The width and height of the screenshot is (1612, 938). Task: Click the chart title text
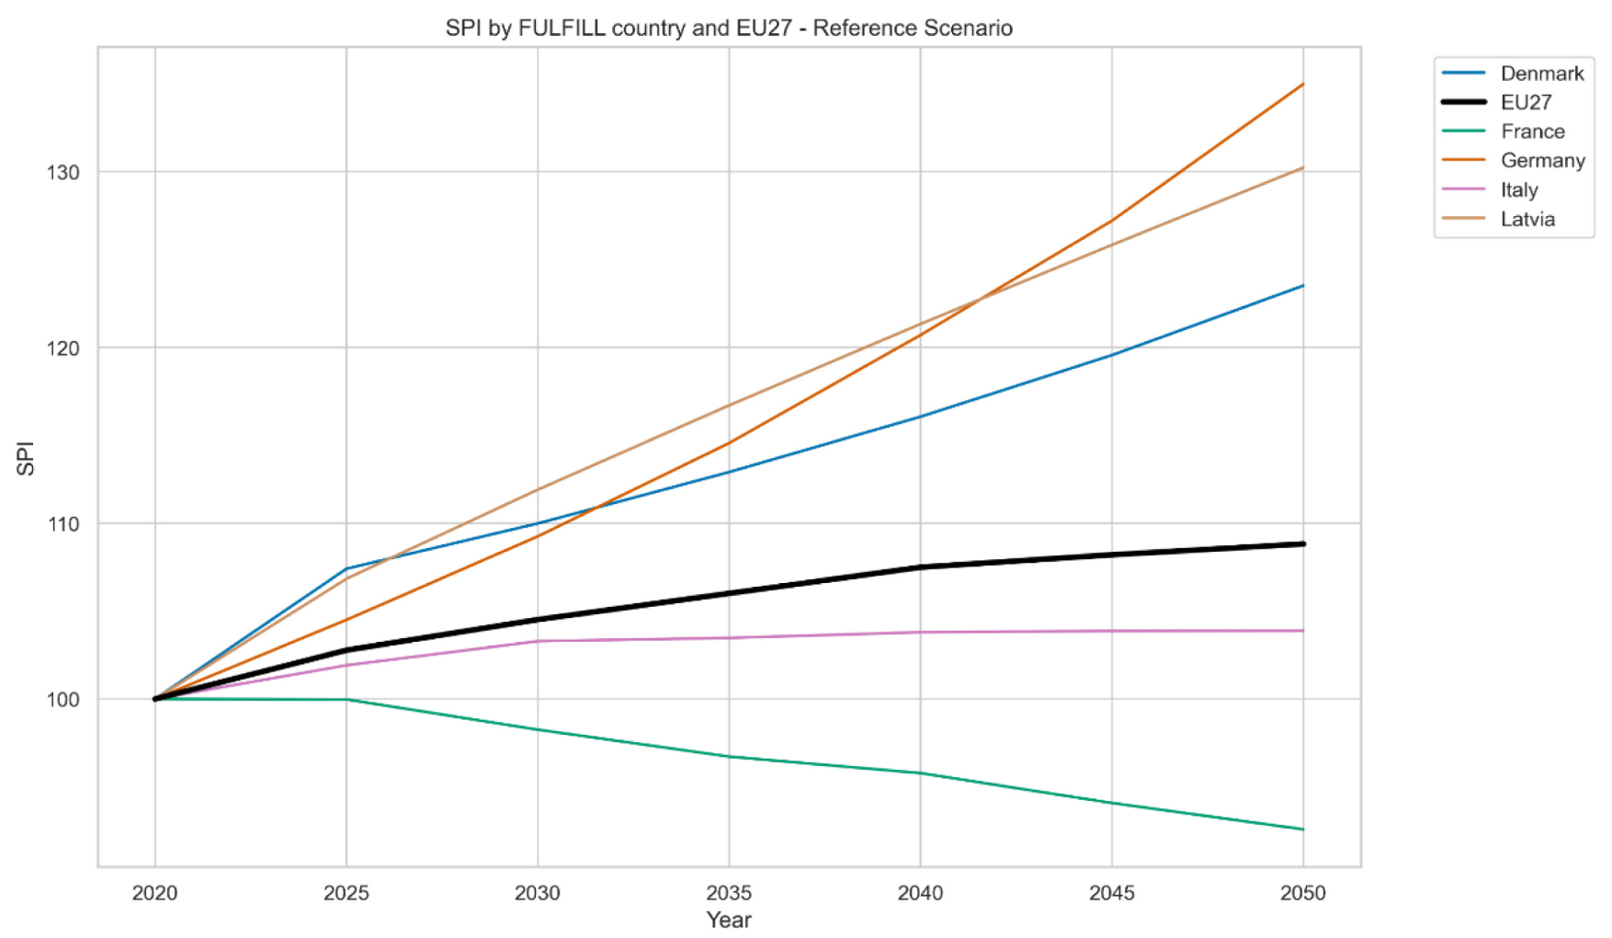point(728,28)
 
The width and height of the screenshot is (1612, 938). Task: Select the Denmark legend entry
point(1541,74)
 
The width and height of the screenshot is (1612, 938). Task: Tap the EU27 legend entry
point(1526,102)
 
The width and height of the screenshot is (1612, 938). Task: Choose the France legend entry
point(1532,132)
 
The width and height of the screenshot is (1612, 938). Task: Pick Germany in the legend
point(1542,161)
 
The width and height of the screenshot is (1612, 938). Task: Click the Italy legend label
point(1518,190)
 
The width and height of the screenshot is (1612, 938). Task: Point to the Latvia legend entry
point(1527,220)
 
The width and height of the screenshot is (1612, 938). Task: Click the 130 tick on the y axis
point(63,172)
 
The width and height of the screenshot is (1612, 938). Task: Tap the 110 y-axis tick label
point(63,524)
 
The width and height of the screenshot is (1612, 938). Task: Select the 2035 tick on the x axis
point(729,893)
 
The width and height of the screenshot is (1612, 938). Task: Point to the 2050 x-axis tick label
point(1302,893)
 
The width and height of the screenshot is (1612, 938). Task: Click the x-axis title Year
point(729,920)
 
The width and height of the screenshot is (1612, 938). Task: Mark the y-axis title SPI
point(26,458)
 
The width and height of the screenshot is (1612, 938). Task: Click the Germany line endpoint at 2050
point(1302,85)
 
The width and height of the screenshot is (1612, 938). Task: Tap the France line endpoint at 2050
point(1302,829)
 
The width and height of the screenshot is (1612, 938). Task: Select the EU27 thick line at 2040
point(920,567)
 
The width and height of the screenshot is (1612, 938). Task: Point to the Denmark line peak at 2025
point(346,569)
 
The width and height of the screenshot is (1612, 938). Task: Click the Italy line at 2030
point(538,641)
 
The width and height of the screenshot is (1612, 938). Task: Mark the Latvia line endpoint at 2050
point(1302,167)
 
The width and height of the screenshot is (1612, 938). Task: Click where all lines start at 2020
point(155,699)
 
